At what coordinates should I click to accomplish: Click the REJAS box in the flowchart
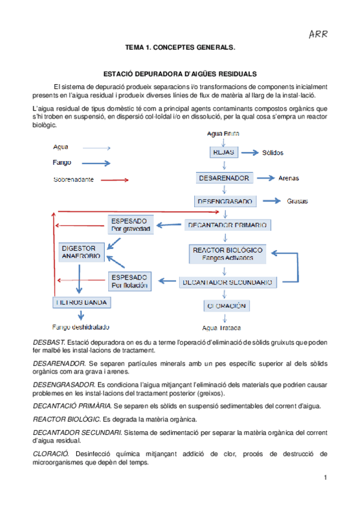[x=223, y=153]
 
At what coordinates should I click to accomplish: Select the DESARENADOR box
[x=224, y=178]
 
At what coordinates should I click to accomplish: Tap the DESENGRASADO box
[x=225, y=201]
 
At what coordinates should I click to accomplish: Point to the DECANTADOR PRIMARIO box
[x=228, y=225]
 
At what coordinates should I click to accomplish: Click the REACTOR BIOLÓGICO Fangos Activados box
[x=227, y=254]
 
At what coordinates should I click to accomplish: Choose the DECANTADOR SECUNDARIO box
[x=228, y=281]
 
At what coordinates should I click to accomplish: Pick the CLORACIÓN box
[x=227, y=306]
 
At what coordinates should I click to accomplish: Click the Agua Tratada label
[x=222, y=328]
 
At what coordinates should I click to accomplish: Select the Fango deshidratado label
[x=81, y=327]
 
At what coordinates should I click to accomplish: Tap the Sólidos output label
[x=272, y=153]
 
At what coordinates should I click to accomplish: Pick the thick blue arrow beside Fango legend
[x=95, y=163]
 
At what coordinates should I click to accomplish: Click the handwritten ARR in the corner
[x=317, y=34]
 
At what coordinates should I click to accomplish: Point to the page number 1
[x=325, y=478]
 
